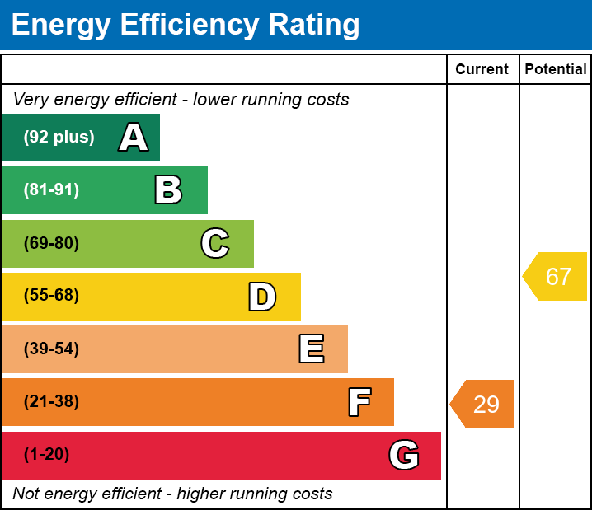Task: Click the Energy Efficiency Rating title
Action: click(x=186, y=26)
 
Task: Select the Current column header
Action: click(x=482, y=69)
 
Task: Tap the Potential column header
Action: click(x=556, y=69)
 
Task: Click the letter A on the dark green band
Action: click(x=134, y=138)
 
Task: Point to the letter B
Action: click(x=168, y=190)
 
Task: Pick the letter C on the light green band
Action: click(x=215, y=243)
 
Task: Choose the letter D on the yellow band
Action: click(x=262, y=297)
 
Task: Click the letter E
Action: click(x=311, y=349)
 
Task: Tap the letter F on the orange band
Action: click(x=359, y=402)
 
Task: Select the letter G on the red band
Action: click(x=404, y=455)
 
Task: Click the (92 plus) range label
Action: click(x=59, y=138)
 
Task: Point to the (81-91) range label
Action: click(x=51, y=190)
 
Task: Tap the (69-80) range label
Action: click(x=51, y=243)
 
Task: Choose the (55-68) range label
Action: click(x=51, y=296)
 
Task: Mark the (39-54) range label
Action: click(x=51, y=349)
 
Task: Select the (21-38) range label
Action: click(x=51, y=402)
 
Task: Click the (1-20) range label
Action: click(x=47, y=455)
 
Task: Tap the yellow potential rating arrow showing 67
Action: click(x=556, y=277)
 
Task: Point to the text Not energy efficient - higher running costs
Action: click(x=172, y=494)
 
